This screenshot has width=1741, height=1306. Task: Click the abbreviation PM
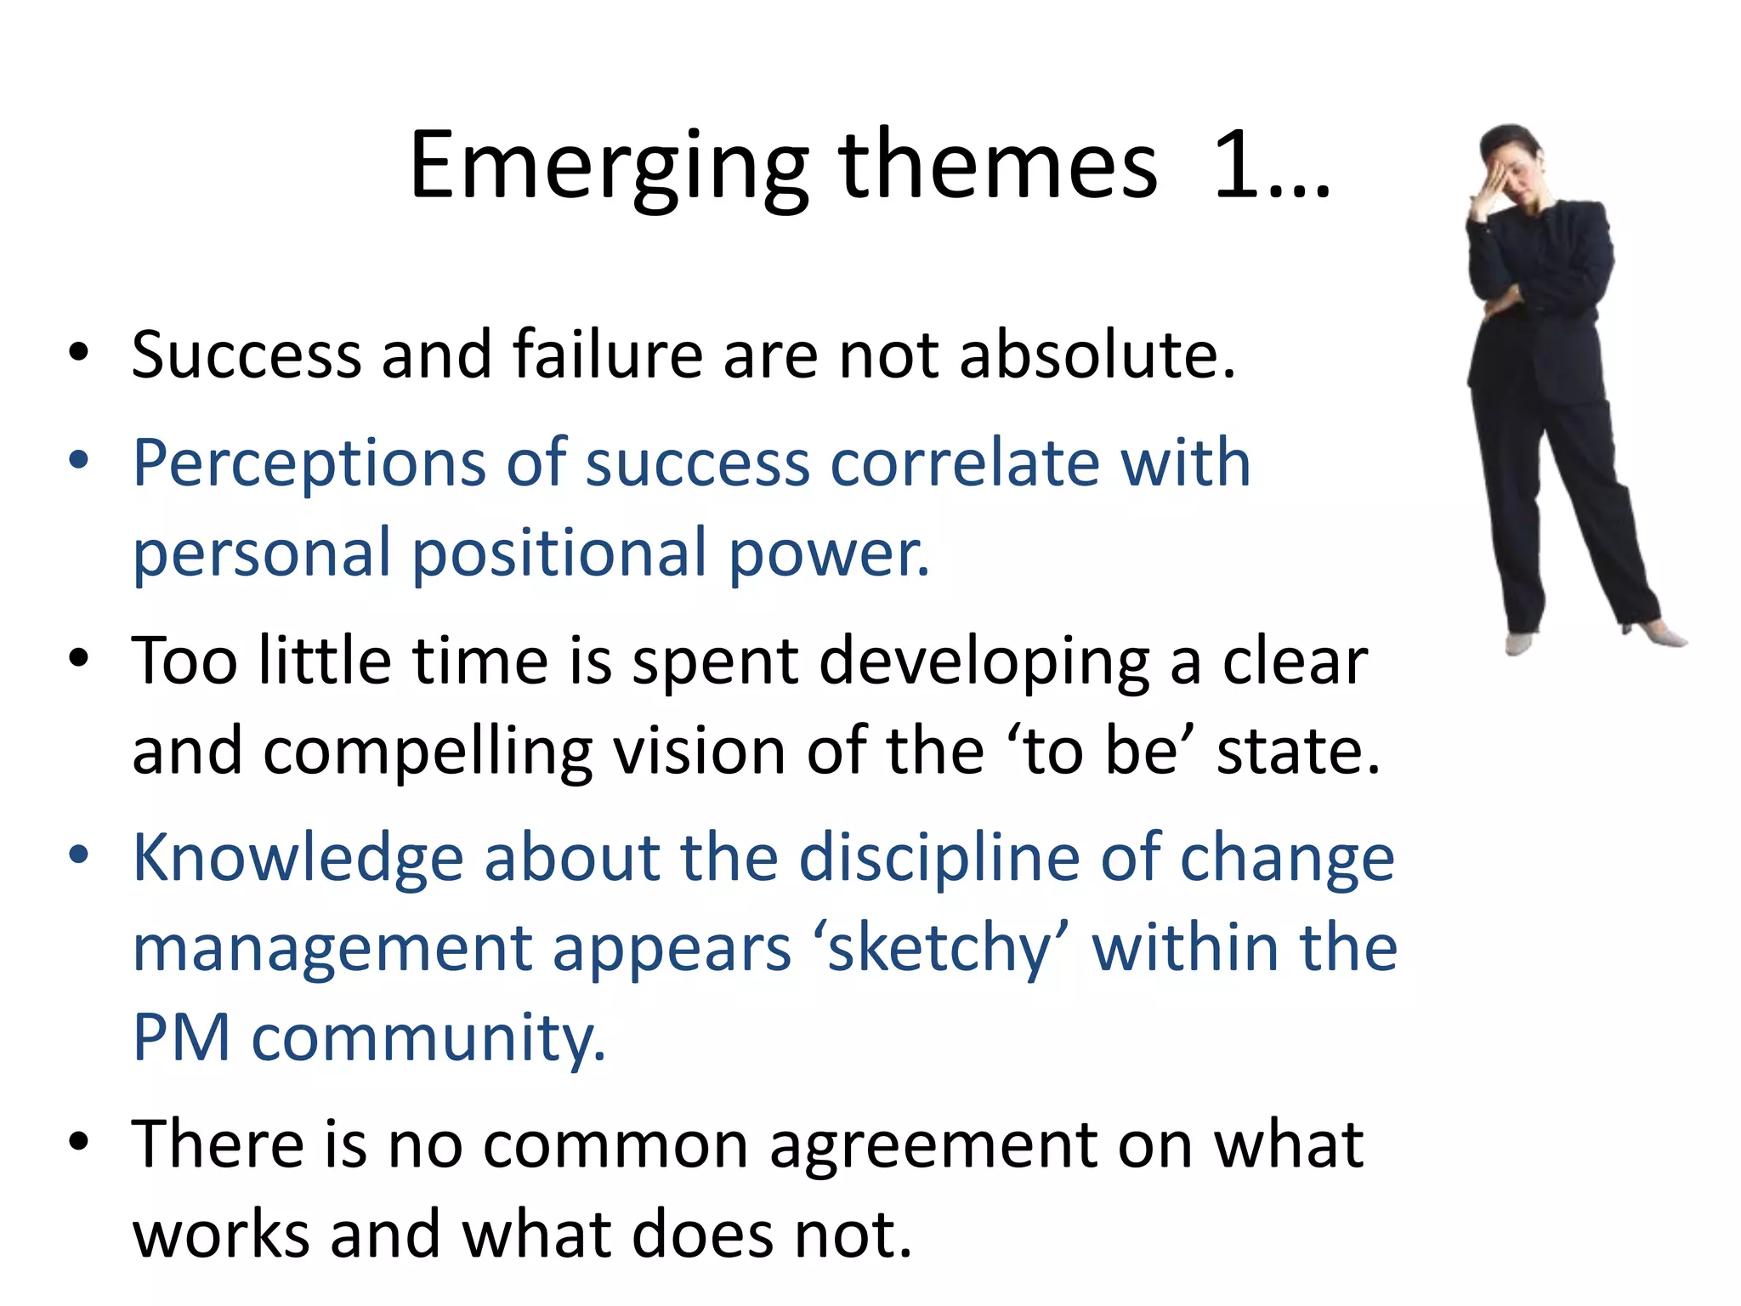coord(182,1037)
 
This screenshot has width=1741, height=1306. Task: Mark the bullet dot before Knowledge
coord(78,854)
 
